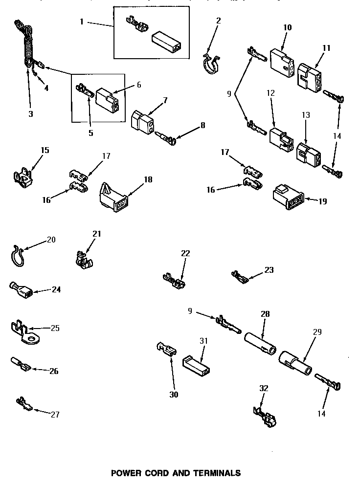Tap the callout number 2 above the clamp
click(x=218, y=21)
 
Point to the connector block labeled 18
click(x=113, y=198)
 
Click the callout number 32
click(x=264, y=389)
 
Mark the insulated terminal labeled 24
click(x=22, y=292)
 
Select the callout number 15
click(x=45, y=150)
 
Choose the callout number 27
click(x=55, y=415)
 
